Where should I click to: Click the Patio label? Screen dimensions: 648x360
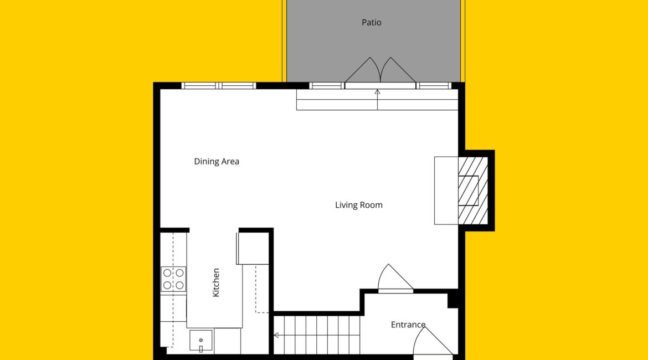[x=371, y=22]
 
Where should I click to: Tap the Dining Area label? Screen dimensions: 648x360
[x=217, y=162]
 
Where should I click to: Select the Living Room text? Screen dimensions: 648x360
[x=359, y=205]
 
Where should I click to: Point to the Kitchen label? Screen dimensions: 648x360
[x=216, y=282]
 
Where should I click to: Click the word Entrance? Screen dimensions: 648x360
[x=408, y=325]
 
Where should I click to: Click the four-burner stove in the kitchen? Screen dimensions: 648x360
[x=173, y=279]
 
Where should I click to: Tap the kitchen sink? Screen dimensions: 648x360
[x=201, y=341]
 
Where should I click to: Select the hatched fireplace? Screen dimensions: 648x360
[x=473, y=191]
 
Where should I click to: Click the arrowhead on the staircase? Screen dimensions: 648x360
[x=276, y=335]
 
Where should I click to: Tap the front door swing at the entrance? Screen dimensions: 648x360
[x=432, y=341]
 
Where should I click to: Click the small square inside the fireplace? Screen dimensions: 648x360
[x=468, y=191]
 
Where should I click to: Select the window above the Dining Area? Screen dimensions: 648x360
[x=219, y=86]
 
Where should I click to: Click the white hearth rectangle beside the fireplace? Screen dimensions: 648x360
[x=446, y=191]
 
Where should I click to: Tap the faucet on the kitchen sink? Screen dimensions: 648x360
[x=201, y=348]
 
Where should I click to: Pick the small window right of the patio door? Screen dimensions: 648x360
[x=434, y=86]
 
